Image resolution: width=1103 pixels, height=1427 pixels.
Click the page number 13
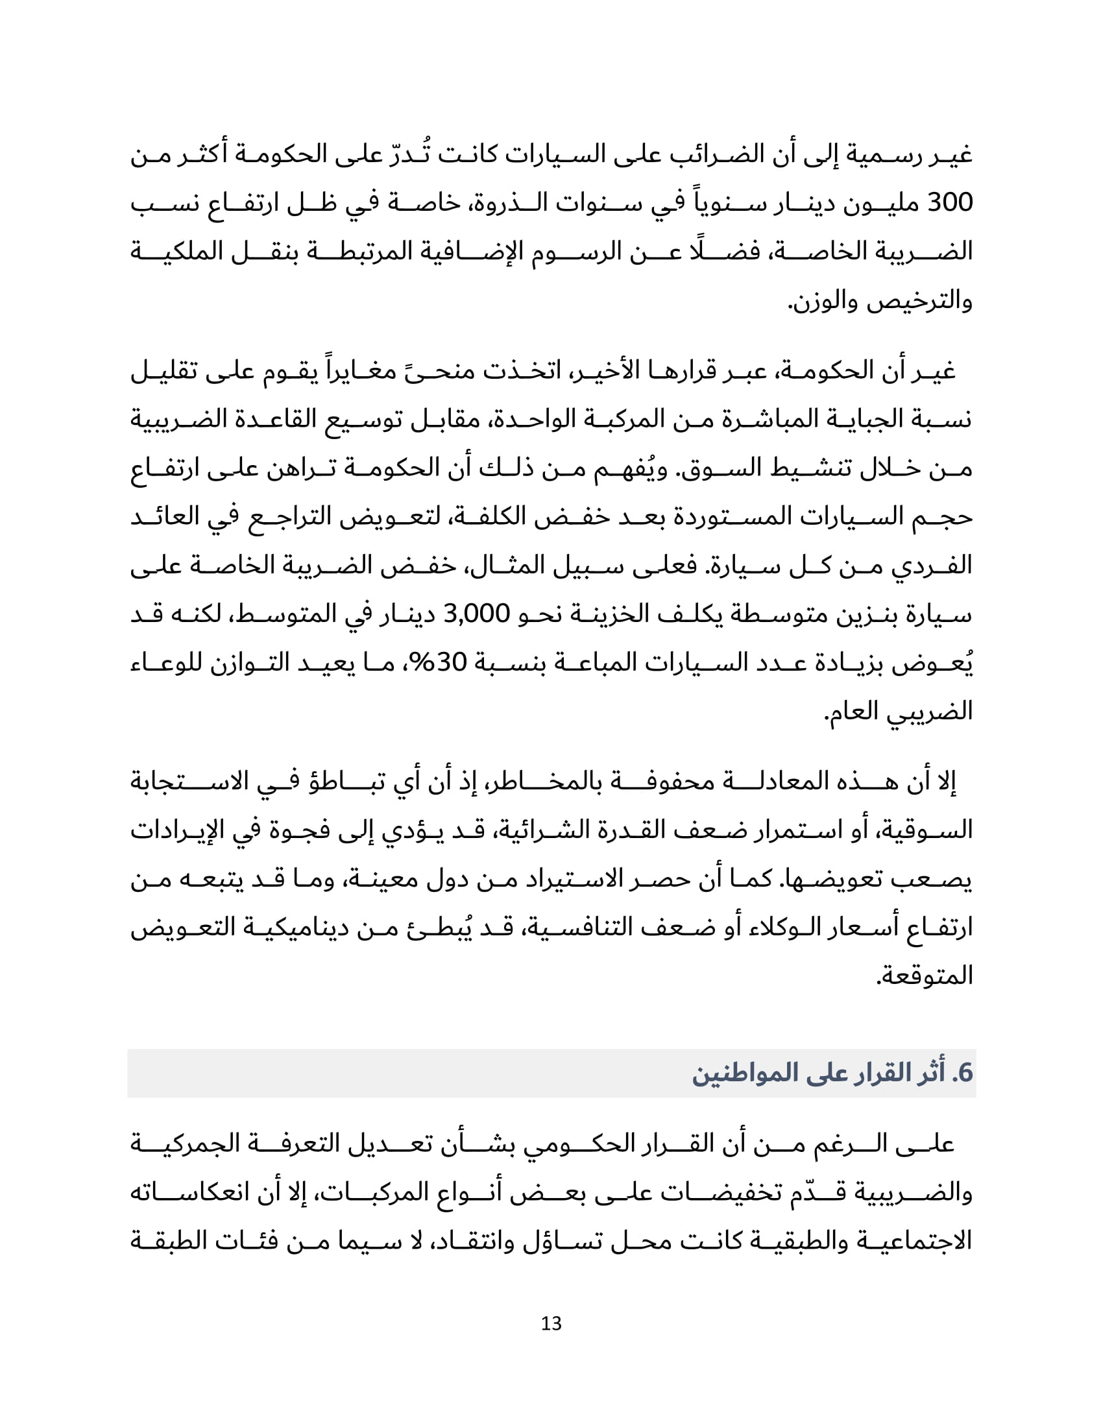(x=551, y=1323)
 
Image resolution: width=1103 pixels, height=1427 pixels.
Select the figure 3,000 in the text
(x=476, y=614)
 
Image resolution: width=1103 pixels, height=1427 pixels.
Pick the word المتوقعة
(x=924, y=976)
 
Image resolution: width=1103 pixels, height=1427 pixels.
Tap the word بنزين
(x=870, y=614)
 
